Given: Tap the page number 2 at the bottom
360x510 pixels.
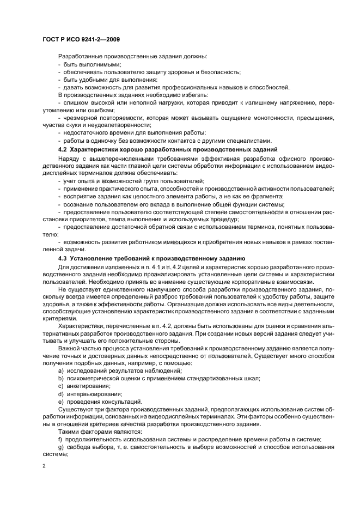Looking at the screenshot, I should (x=44, y=466).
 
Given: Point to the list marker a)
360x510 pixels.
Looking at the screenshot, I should (x=60, y=371).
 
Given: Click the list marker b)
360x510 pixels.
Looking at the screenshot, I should (x=60, y=378).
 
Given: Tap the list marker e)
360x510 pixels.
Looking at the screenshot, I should (x=60, y=401).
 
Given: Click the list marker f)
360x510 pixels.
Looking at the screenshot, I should (x=60, y=439).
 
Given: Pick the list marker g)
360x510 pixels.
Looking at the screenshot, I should (x=60, y=447).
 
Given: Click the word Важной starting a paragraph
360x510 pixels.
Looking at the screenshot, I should (x=70, y=348).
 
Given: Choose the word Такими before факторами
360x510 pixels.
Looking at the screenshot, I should (x=70, y=432).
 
